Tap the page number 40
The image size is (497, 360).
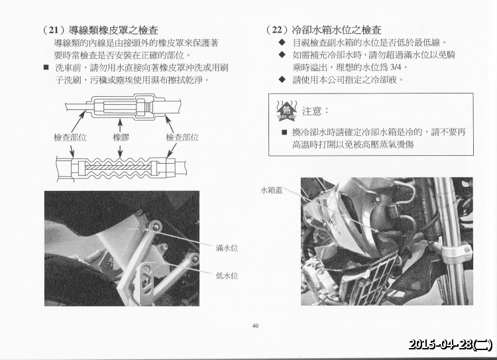256,326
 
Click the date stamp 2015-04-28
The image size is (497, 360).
441,344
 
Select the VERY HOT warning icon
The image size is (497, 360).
286,111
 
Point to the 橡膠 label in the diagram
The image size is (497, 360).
121,137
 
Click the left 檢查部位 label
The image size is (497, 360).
70,137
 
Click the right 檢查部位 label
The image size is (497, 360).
182,137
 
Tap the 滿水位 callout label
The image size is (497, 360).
227,248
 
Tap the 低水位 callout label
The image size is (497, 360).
227,276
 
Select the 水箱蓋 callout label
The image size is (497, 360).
271,190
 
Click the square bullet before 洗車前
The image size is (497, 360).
46,67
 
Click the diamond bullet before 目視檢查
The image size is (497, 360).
282,42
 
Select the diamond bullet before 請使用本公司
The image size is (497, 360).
282,80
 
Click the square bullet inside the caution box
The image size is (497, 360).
284,132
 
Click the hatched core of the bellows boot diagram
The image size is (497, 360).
118,167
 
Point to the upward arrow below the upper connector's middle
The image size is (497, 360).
120,125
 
